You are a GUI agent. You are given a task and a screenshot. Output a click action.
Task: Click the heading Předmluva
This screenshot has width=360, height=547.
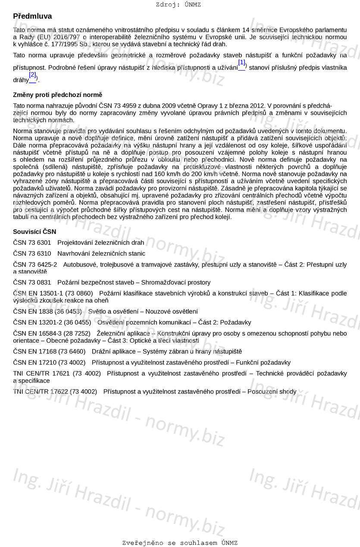point(32,16)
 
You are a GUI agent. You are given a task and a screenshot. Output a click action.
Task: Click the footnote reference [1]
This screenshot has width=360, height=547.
point(241,63)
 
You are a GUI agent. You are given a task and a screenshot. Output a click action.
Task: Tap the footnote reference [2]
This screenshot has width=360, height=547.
point(32,75)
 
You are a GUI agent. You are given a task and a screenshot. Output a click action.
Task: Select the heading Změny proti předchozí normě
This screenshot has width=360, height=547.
point(58,95)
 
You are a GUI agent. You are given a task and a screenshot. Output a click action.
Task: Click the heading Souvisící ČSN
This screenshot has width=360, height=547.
point(34,232)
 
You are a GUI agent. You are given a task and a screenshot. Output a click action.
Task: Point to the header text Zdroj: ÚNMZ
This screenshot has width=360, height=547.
point(178,5)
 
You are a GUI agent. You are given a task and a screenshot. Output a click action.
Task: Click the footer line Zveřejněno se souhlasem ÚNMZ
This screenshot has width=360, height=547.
point(180,543)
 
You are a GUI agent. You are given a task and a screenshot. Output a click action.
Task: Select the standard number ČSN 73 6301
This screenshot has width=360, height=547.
point(32,243)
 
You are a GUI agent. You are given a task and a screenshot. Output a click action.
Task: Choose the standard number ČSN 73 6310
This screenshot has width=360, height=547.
point(32,253)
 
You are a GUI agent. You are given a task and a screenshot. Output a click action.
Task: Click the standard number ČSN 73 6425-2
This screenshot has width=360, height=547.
point(35,264)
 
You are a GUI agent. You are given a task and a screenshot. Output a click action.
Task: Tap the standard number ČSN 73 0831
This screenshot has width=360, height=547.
point(32,282)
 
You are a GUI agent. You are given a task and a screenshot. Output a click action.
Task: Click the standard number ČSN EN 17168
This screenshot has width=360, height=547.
point(34,351)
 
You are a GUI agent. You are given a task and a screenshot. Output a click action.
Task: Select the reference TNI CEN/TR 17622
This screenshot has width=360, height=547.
point(41,391)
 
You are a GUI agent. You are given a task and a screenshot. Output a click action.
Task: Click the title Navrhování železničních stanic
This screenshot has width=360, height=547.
point(101,253)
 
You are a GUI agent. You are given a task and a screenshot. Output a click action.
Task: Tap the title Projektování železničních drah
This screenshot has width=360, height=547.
point(101,243)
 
